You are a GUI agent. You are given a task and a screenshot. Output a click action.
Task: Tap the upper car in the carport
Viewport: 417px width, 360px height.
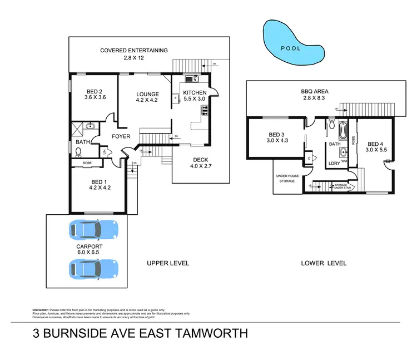(x=93, y=229)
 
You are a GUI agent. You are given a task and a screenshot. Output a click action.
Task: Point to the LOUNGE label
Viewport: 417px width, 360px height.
(x=147, y=94)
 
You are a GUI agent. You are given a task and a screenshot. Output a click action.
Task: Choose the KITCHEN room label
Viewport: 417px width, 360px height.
(x=195, y=93)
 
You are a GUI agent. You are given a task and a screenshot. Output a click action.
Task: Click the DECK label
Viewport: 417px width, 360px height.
(x=200, y=159)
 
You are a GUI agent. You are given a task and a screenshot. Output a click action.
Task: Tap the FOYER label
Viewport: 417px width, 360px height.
(x=121, y=136)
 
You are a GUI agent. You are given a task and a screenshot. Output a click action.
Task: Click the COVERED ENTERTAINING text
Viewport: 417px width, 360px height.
(x=134, y=51)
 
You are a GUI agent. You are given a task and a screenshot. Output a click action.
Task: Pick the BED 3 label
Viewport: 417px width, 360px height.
(x=276, y=135)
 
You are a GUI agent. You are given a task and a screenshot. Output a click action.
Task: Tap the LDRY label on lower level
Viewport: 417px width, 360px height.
(x=335, y=163)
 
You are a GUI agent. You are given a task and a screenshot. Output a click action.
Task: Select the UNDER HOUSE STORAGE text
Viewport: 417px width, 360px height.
(x=287, y=178)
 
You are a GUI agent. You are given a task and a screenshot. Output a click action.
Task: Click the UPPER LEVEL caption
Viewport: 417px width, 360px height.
(x=167, y=263)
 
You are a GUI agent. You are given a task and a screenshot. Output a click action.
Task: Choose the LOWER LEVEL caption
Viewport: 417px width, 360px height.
(x=324, y=263)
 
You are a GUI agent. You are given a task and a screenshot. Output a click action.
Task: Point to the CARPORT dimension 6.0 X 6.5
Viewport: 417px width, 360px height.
(x=90, y=252)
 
